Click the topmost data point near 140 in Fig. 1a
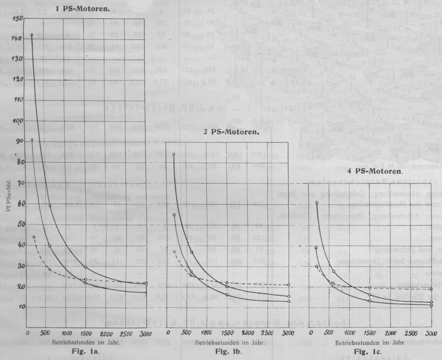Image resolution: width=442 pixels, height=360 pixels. (32, 35)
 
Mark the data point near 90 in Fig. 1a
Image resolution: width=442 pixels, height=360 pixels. (32, 140)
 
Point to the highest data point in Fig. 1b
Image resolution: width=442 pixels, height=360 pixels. (174, 154)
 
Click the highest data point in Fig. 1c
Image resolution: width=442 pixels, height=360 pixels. (317, 203)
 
